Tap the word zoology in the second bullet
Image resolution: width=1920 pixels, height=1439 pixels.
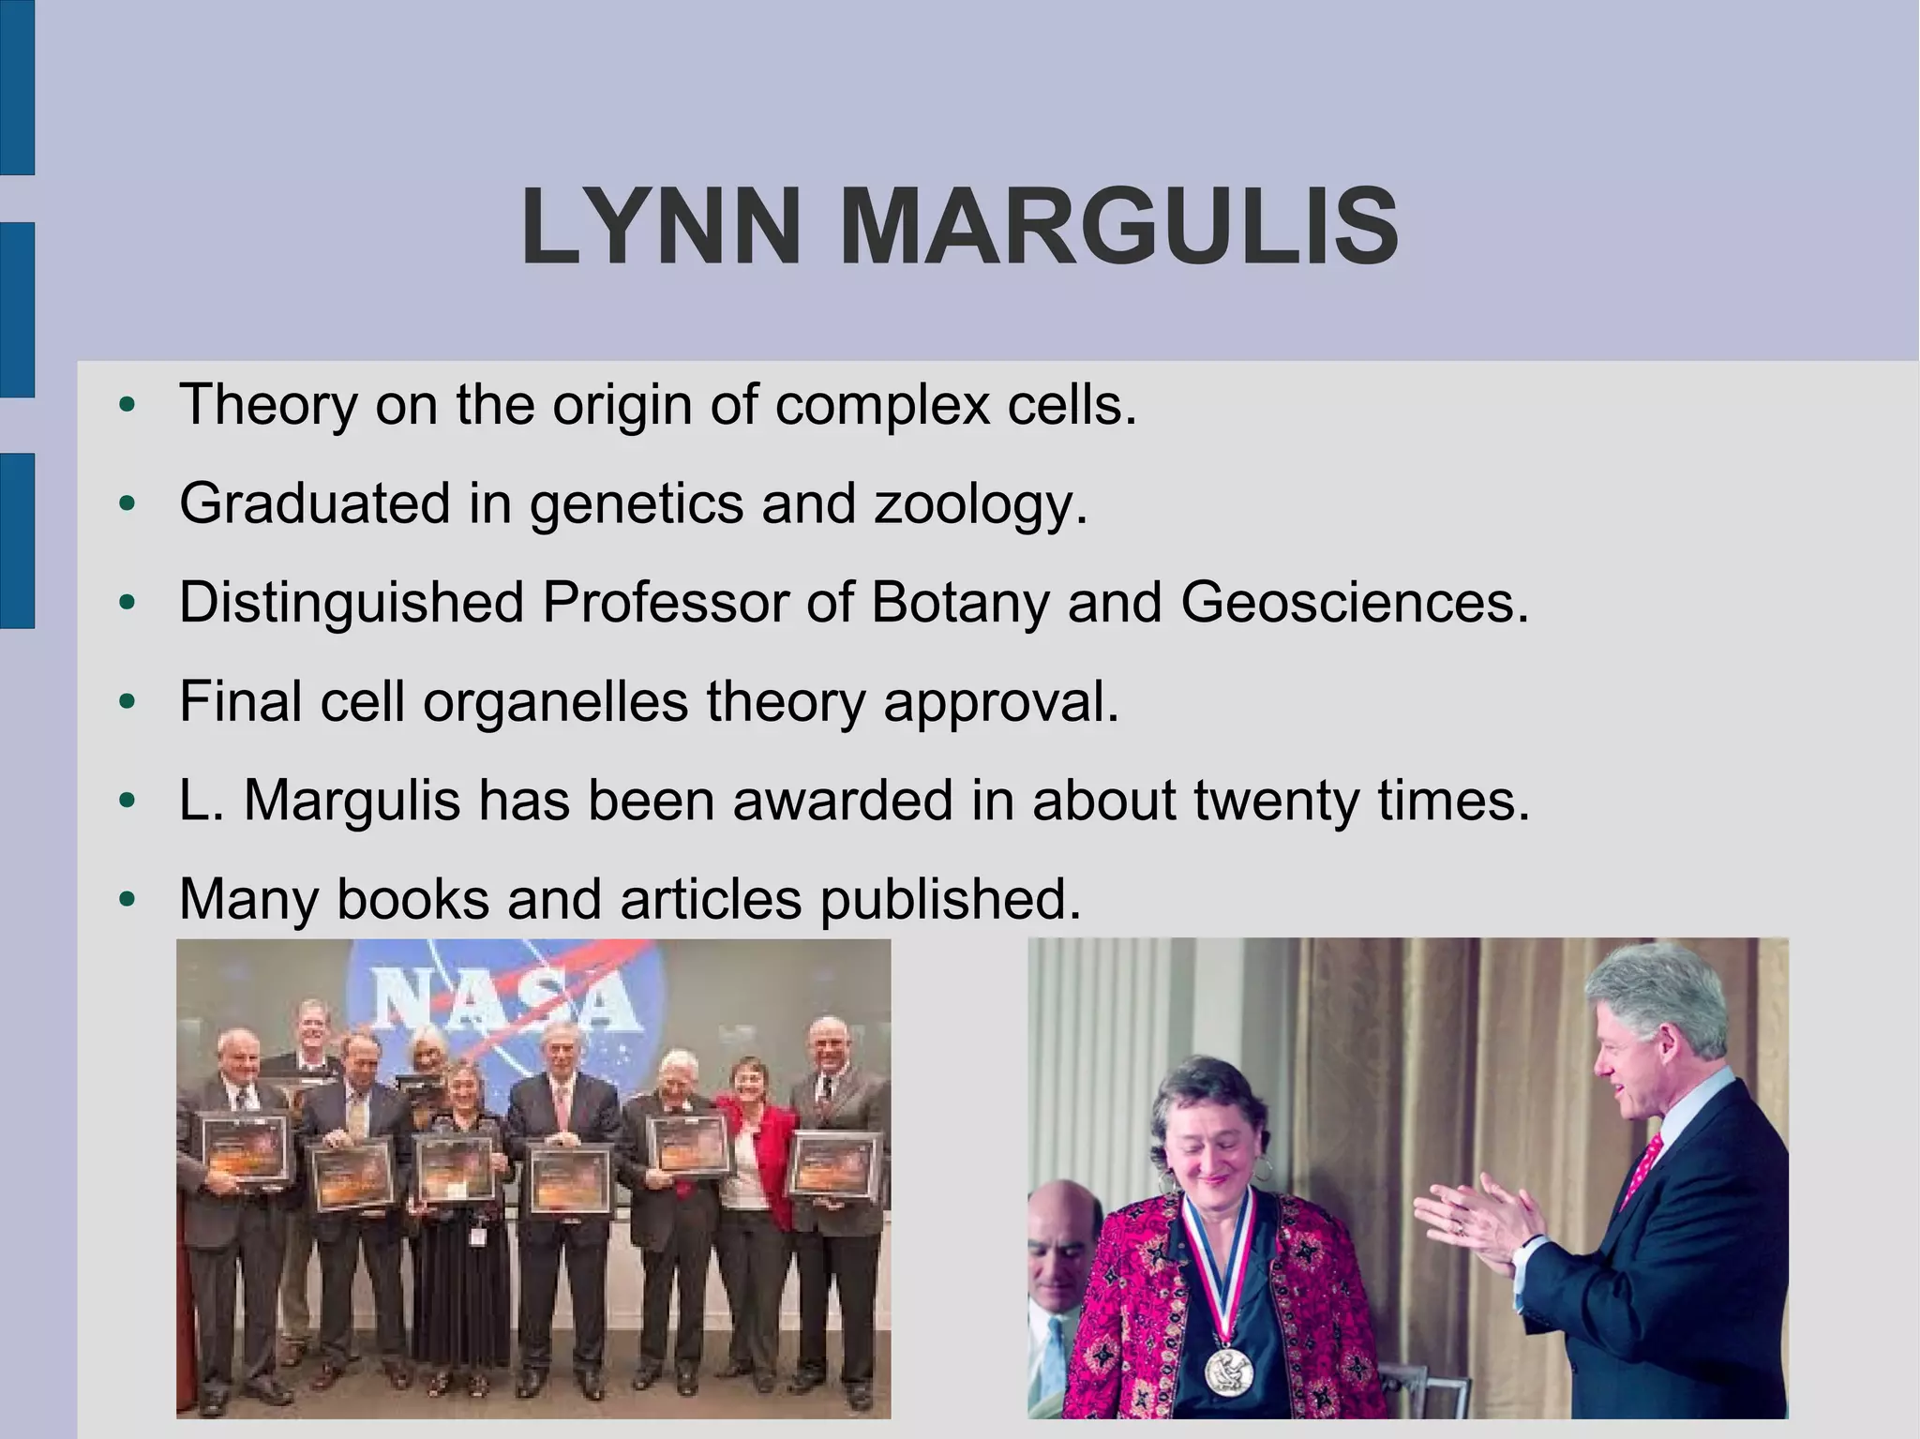pyautogui.click(x=980, y=503)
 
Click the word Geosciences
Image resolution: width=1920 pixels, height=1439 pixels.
pyautogui.click(x=1354, y=602)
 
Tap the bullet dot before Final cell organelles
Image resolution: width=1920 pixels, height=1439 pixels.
pyautogui.click(x=128, y=703)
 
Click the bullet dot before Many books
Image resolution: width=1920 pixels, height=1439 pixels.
pyautogui.click(x=128, y=901)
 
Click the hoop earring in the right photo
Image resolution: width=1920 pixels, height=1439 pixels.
pyautogui.click(x=1263, y=1168)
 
